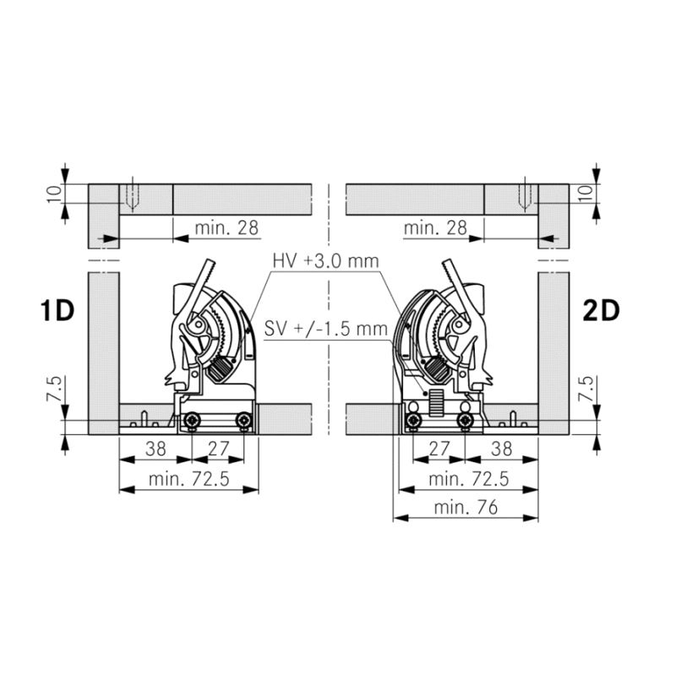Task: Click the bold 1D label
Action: pos(57,310)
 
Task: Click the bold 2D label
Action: pos(601,310)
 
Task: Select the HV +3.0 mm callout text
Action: pos(325,261)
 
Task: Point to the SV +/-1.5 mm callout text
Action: pos(326,329)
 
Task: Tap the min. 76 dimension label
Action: pos(466,508)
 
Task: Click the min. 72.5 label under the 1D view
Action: pos(188,479)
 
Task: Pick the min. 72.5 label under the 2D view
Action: pos(469,479)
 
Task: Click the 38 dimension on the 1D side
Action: pos(155,449)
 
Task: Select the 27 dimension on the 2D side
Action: pos(439,449)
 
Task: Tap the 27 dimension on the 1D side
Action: pos(218,449)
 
